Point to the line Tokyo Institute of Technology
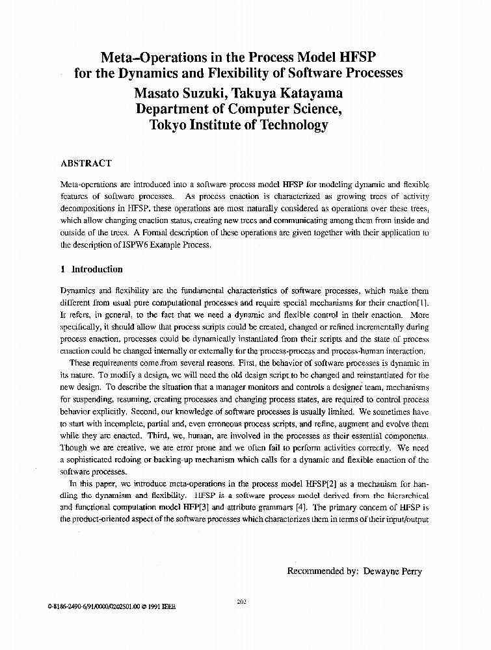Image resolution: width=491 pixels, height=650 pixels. pyautogui.click(x=239, y=125)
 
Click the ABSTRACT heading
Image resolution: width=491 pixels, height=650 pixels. pyautogui.click(x=86, y=163)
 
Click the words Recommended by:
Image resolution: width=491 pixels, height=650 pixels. pyautogui.click(x=323, y=571)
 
